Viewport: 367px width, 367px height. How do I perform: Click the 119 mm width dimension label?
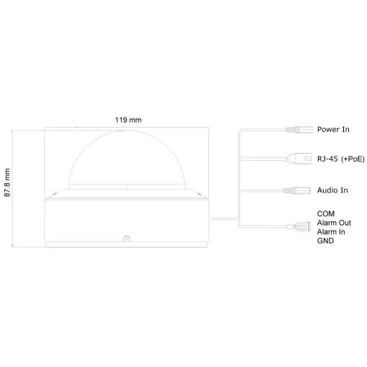point(128,120)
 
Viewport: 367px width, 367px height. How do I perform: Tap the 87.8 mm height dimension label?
point(7,182)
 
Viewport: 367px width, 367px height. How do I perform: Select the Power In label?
point(333,129)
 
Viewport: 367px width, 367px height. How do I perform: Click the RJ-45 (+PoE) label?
point(341,159)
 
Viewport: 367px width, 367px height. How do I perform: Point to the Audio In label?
point(332,190)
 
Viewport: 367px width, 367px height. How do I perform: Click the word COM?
point(326,213)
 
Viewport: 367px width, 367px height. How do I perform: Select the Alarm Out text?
point(334,223)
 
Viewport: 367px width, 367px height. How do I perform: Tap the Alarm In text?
point(331,231)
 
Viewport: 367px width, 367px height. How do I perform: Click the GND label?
point(325,241)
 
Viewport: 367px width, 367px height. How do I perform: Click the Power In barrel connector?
point(299,130)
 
